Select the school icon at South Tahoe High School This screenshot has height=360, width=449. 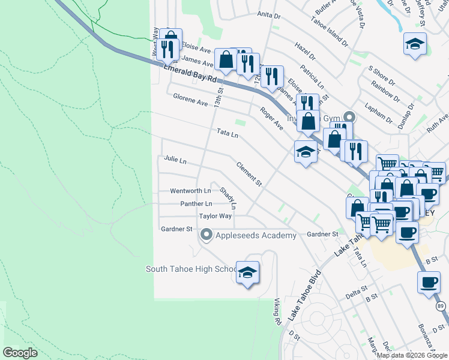tap(247, 273)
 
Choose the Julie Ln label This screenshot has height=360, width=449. tap(175, 161)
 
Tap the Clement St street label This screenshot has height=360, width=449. tap(249, 173)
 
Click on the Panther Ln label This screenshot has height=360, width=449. tap(196, 204)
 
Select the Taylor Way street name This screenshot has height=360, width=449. tap(215, 216)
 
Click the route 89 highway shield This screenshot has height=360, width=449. tap(441, 306)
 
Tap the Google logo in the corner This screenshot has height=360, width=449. tap(20, 353)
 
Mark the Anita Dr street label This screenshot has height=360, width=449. tap(269, 14)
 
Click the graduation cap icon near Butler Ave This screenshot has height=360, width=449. tap(414, 45)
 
